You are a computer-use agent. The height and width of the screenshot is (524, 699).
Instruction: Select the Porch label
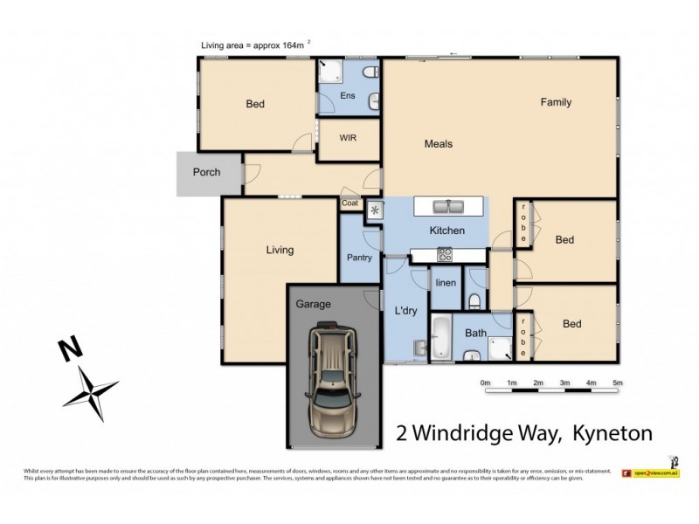[x=206, y=172]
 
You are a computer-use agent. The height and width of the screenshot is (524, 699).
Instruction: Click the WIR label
[x=347, y=138]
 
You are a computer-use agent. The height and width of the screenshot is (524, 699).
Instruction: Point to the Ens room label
[x=347, y=96]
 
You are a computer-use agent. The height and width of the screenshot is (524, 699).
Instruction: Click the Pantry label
[x=359, y=258]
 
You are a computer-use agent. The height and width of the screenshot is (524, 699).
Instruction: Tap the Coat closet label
[x=350, y=203]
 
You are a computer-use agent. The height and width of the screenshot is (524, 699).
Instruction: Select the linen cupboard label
[x=446, y=283]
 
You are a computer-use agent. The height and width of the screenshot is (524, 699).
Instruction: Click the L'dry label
[x=405, y=311]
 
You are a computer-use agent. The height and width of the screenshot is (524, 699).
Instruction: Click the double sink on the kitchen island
[x=450, y=207]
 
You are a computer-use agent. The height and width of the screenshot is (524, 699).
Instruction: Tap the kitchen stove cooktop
[x=445, y=255]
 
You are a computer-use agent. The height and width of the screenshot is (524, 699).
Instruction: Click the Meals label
[x=439, y=144]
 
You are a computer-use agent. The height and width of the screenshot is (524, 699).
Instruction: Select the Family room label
[x=556, y=102]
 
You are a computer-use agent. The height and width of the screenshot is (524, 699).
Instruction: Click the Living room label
[x=280, y=251]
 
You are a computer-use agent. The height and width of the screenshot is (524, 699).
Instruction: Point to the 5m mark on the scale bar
[x=617, y=383]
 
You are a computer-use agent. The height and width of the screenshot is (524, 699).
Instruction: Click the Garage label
[x=313, y=304]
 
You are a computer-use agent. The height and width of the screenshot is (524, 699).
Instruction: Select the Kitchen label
[x=446, y=231]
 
